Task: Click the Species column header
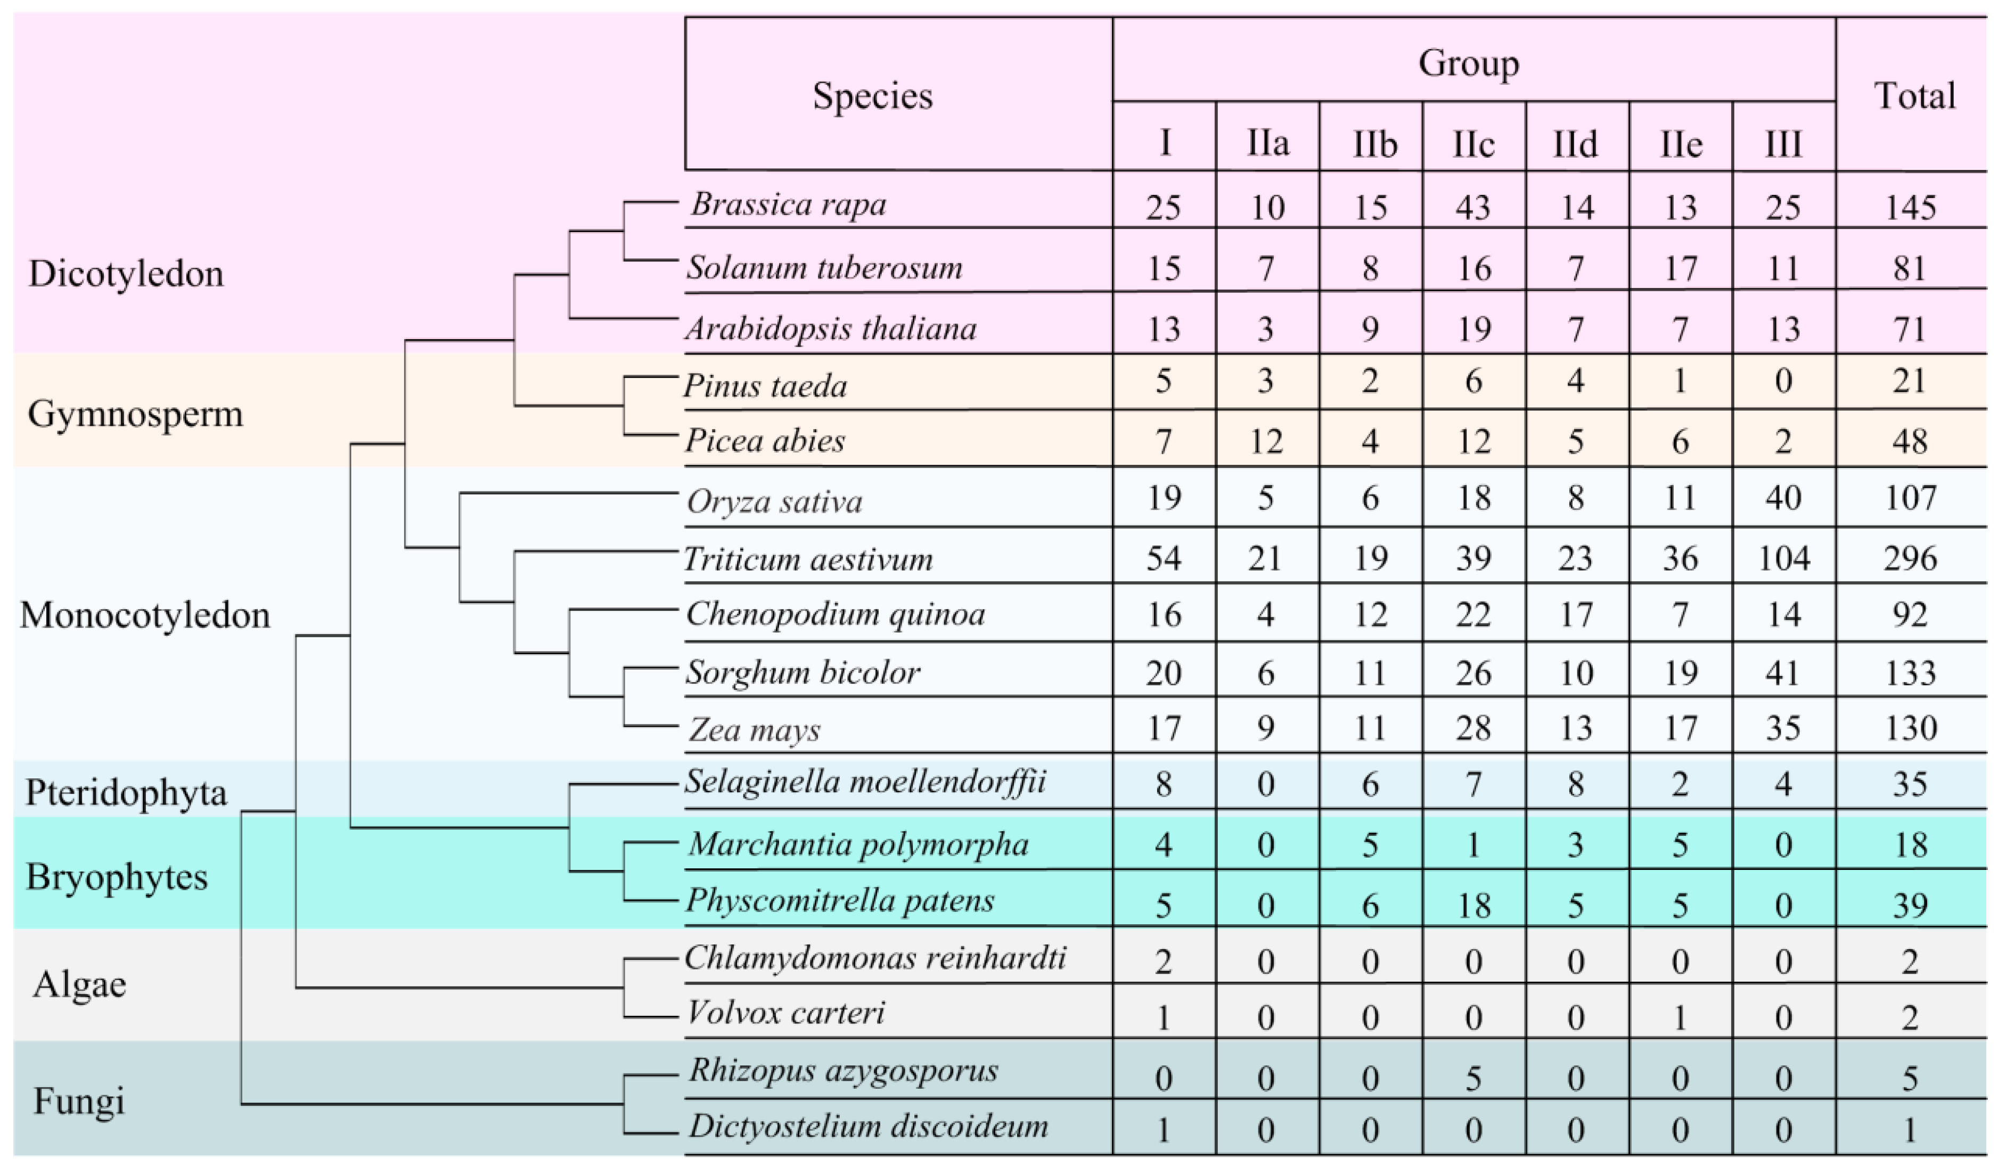coord(872,96)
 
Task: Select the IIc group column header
coord(1473,144)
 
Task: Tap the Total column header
coord(1914,96)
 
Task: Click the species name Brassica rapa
coord(788,204)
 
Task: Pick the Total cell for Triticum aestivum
coord(1911,559)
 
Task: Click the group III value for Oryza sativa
coord(1783,498)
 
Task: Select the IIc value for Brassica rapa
coord(1473,207)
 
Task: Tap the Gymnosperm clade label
coord(135,414)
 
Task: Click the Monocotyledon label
coord(145,615)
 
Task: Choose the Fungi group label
coord(79,1102)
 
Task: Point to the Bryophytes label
coord(117,877)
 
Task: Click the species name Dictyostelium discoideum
coord(868,1126)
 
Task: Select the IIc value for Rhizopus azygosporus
coord(1473,1078)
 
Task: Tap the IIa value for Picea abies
coord(1266,441)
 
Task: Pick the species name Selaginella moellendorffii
coord(865,783)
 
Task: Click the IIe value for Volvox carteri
coord(1679,1016)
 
